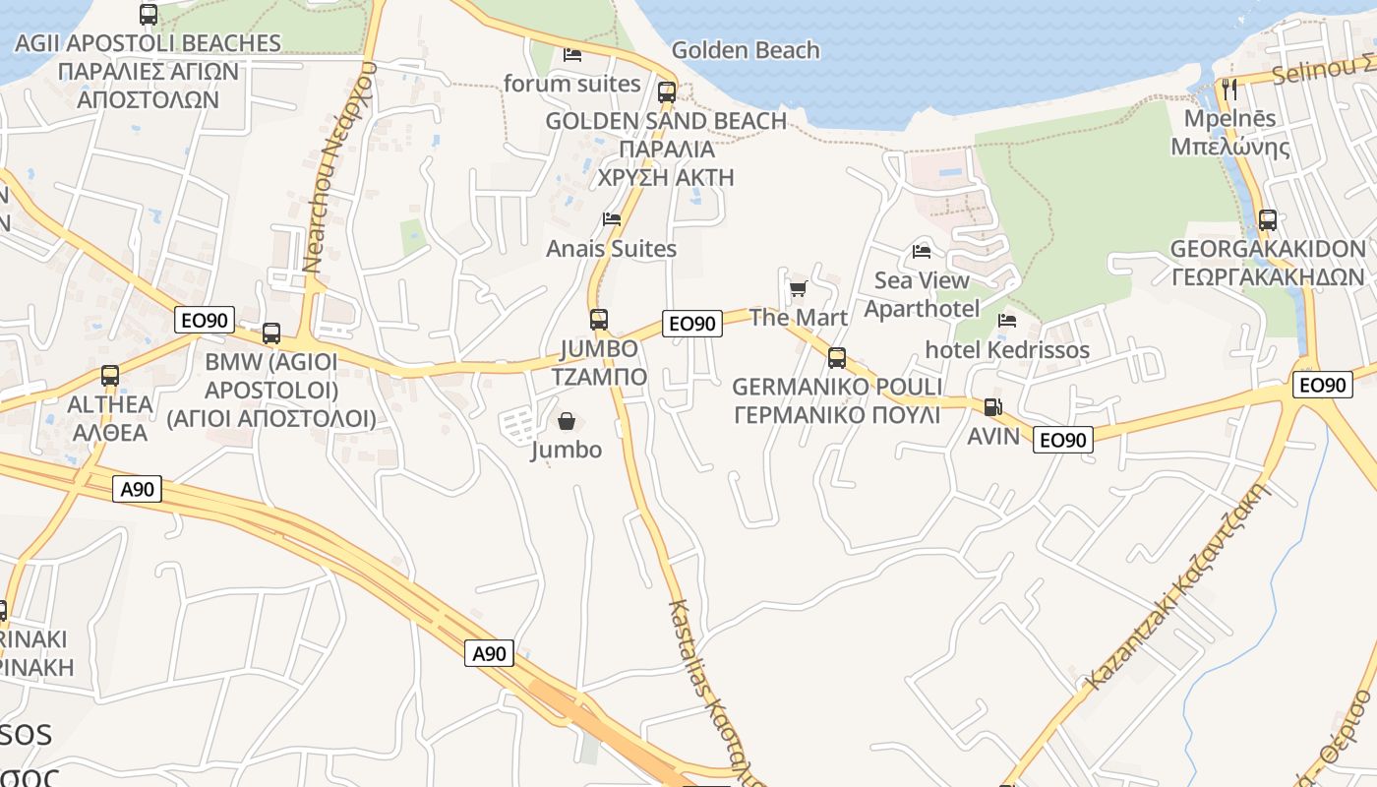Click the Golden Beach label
click(745, 50)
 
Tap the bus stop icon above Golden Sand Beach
click(667, 92)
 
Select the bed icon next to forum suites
click(572, 54)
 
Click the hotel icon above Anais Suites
click(612, 218)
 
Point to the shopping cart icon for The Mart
click(798, 288)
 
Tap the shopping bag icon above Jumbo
click(567, 421)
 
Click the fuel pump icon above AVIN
click(993, 406)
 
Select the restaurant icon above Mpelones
click(1229, 89)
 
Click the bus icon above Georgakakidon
click(1268, 219)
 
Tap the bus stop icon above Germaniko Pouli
click(837, 357)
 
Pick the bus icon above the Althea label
click(110, 375)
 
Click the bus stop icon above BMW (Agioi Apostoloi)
click(271, 333)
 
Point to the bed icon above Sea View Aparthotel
click(922, 252)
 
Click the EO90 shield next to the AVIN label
click(1063, 440)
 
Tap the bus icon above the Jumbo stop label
click(599, 319)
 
